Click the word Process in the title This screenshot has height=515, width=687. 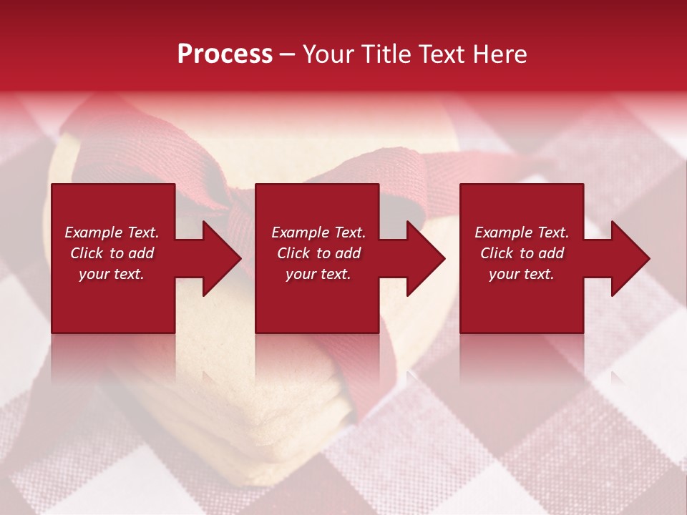pos(225,54)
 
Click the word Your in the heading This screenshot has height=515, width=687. pos(328,54)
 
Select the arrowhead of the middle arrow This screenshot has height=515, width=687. pos(424,258)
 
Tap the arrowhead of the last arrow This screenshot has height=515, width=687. pos(629,258)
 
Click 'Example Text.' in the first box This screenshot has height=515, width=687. pos(112,232)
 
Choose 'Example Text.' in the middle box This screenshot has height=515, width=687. pos(318,232)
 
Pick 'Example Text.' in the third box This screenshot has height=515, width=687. pos(522,232)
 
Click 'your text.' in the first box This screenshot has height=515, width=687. pos(112,274)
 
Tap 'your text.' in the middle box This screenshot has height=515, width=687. pos(318,274)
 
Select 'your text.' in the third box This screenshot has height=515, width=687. pos(522,274)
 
